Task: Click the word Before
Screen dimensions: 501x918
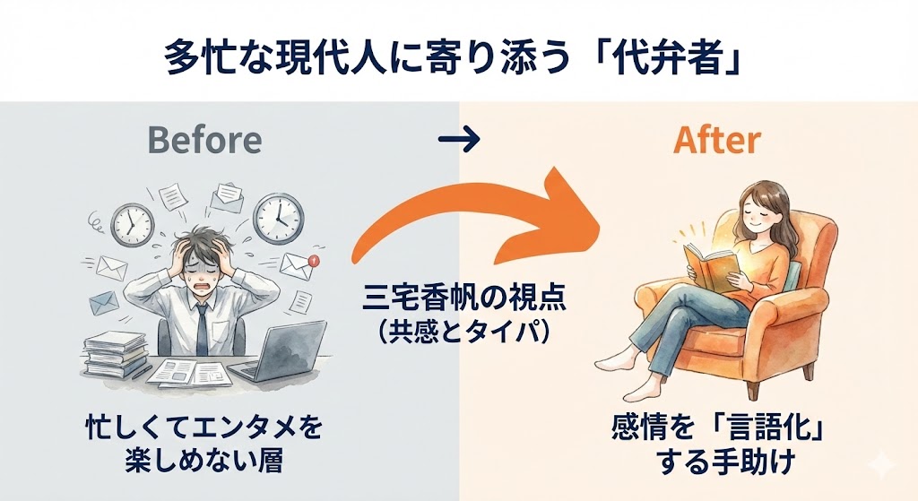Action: [x=204, y=140]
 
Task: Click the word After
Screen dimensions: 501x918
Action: [x=716, y=140]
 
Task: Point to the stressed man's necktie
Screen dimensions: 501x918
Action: [x=203, y=327]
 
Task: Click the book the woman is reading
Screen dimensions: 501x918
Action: [x=707, y=266]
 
